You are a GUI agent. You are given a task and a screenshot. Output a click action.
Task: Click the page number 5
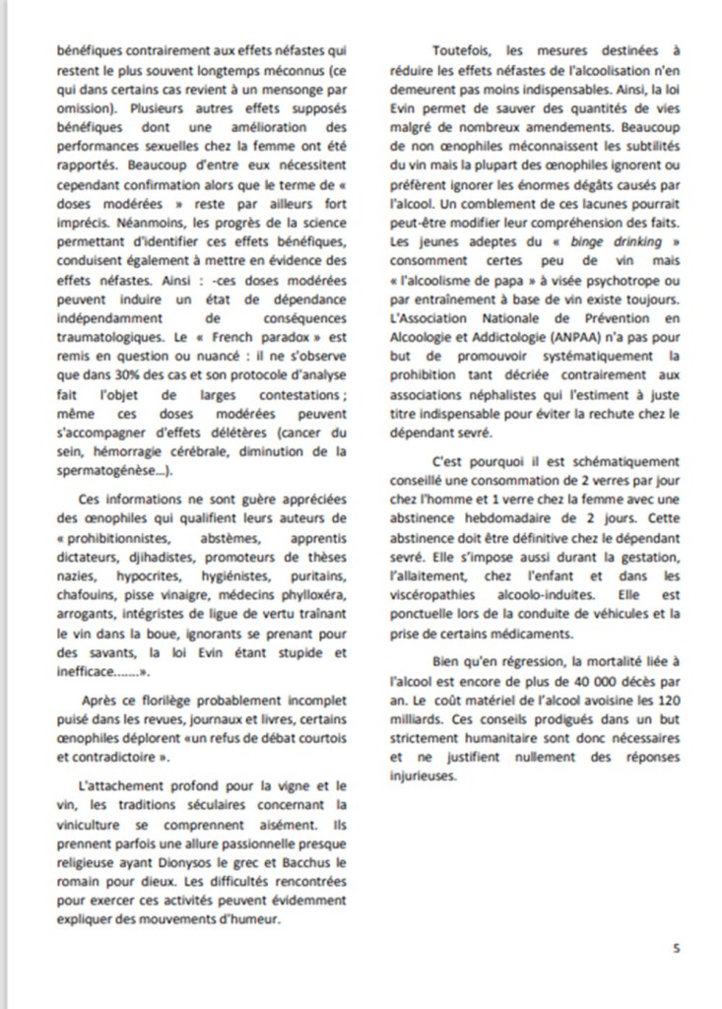(676, 948)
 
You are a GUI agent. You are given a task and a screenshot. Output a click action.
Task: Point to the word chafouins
(85, 596)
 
